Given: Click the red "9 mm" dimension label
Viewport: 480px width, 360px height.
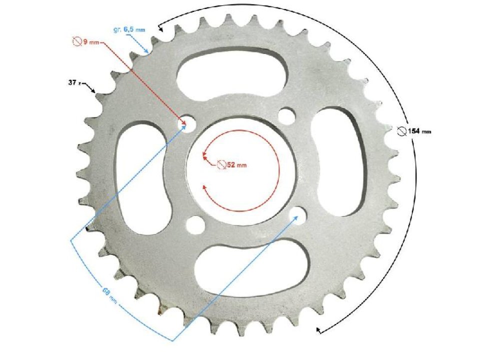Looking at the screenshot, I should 85,42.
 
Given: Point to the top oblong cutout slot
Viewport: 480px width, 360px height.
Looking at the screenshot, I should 232,72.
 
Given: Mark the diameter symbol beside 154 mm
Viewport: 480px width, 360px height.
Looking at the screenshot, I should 401,131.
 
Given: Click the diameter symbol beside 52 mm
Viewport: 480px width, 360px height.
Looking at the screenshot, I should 222,164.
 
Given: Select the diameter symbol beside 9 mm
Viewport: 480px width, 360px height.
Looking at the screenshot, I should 77,42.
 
